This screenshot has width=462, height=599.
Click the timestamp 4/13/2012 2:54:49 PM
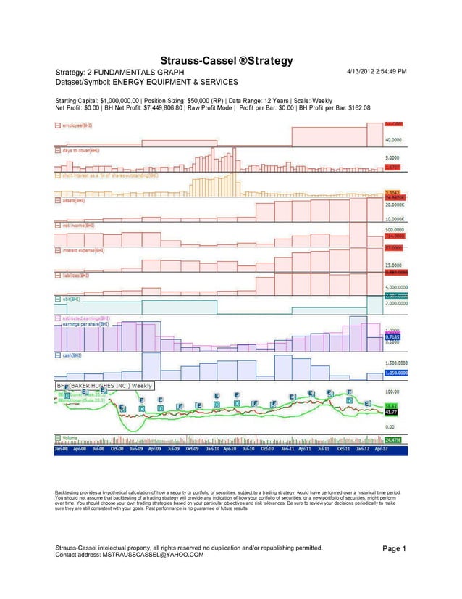point(377,72)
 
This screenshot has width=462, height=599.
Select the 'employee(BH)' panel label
point(77,125)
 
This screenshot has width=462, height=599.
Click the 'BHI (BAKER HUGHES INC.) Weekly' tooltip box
point(105,386)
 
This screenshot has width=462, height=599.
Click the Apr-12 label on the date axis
point(399,449)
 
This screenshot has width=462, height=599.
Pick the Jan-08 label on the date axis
point(62,449)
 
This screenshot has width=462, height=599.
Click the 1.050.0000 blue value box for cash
point(395,373)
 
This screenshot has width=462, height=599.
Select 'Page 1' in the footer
point(394,549)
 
